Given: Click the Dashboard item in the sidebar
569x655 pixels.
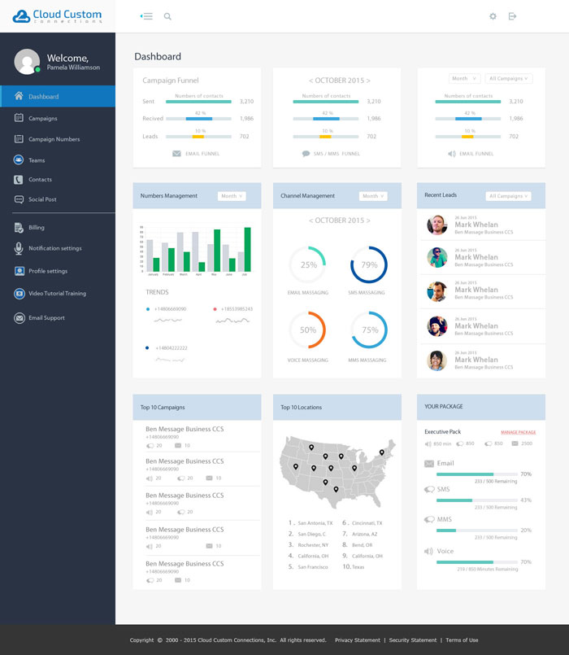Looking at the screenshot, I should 43,97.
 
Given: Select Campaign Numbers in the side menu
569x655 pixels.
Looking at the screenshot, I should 54,139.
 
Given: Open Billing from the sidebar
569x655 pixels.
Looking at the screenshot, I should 36,228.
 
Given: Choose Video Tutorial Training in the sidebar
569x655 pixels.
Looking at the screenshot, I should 57,294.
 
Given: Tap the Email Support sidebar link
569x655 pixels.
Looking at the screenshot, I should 46,318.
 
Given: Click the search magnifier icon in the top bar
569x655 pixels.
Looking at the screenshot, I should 167,16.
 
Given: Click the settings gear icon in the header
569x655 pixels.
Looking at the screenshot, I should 493,16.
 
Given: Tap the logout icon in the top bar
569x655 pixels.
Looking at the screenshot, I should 512,16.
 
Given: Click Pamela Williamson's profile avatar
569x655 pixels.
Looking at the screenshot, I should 27,61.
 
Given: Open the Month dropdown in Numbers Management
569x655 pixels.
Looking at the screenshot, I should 231,196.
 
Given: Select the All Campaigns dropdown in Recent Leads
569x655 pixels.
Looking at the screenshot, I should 508,196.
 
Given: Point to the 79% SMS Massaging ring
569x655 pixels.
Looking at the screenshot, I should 369,265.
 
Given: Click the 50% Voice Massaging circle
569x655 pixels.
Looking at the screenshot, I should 308,330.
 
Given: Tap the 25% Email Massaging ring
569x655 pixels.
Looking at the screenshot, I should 308,265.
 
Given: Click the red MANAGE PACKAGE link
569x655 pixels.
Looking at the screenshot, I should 518,432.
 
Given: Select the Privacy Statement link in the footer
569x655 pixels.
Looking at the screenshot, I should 357,640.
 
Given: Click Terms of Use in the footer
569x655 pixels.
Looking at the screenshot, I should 462,640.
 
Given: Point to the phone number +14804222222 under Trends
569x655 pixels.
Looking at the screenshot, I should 171,347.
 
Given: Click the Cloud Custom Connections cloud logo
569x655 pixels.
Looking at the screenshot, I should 21,15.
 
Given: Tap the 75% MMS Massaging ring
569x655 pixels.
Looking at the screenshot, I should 369,330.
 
